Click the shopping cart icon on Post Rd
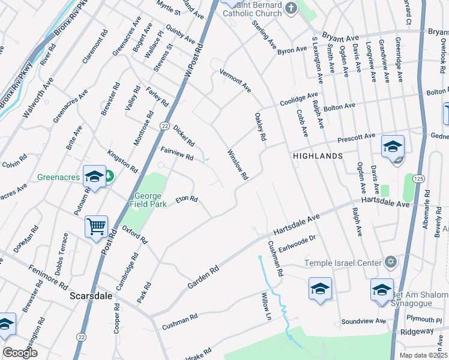point(96,227)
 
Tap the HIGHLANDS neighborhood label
point(318,155)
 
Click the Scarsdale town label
point(88,296)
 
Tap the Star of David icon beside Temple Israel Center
point(391,263)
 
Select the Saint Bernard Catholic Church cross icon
point(291,8)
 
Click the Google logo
point(20,353)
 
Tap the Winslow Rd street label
point(237,164)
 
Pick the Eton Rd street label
point(186,199)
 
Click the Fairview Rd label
point(176,154)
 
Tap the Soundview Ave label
point(363,321)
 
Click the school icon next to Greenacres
point(94,176)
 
